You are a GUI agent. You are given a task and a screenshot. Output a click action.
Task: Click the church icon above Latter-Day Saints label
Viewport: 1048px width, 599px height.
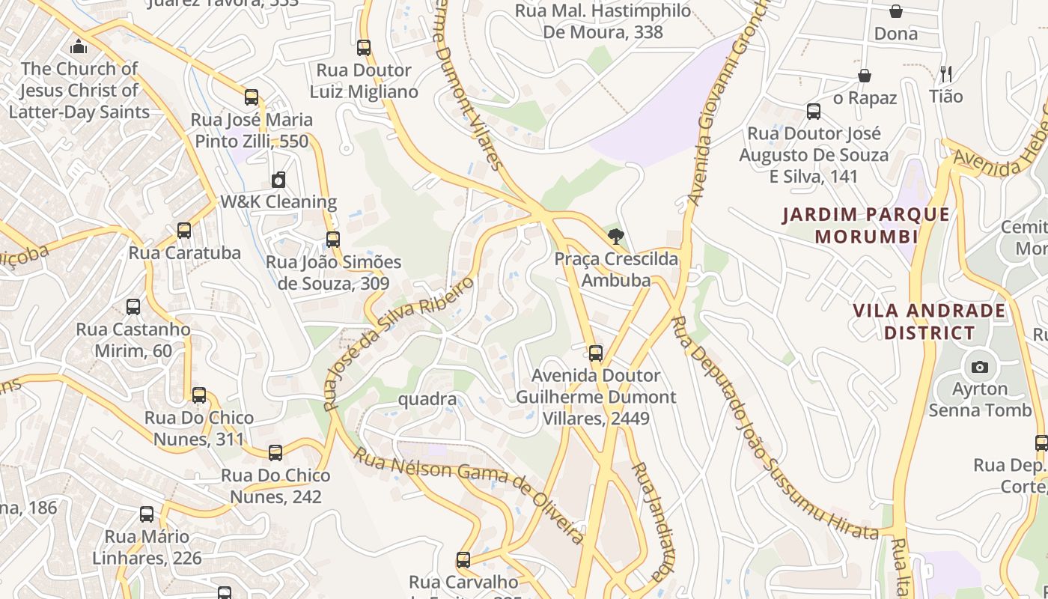pyautogui.click(x=79, y=47)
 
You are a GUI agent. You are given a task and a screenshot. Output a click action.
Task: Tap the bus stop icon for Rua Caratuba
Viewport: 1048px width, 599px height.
pyautogui.click(x=184, y=231)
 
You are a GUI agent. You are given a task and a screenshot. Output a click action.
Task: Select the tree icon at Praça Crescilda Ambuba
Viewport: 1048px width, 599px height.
pyautogui.click(x=615, y=237)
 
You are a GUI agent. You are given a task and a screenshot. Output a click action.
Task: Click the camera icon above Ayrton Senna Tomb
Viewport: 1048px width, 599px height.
pyautogui.click(x=979, y=367)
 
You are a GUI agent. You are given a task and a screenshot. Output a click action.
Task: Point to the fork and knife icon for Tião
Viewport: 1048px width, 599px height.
pyautogui.click(x=946, y=74)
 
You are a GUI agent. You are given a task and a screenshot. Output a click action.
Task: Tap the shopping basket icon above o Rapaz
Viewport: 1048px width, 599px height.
pyautogui.click(x=865, y=76)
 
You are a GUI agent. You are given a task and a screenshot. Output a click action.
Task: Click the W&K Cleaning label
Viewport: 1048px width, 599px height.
pyautogui.click(x=278, y=202)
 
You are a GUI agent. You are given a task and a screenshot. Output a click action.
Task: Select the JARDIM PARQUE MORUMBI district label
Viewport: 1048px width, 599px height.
pyautogui.click(x=866, y=225)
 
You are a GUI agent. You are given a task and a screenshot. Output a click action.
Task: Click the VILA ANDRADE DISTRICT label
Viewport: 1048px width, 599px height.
pyautogui.click(x=930, y=321)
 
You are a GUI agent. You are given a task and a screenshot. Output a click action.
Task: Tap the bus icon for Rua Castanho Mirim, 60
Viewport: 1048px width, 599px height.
pyautogui.click(x=133, y=307)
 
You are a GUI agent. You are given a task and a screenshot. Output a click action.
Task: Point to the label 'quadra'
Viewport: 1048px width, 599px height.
pyautogui.click(x=427, y=399)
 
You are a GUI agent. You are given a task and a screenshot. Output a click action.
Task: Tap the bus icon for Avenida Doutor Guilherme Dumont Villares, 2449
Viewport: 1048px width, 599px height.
pyautogui.click(x=596, y=353)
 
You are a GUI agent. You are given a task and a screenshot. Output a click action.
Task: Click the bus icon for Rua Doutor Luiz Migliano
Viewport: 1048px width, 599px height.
pyautogui.click(x=364, y=48)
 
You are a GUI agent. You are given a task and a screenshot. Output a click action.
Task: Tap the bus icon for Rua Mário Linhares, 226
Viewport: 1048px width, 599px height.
pyautogui.click(x=147, y=514)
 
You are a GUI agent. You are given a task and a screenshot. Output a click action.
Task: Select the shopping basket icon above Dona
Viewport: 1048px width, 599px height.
pyautogui.click(x=895, y=11)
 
